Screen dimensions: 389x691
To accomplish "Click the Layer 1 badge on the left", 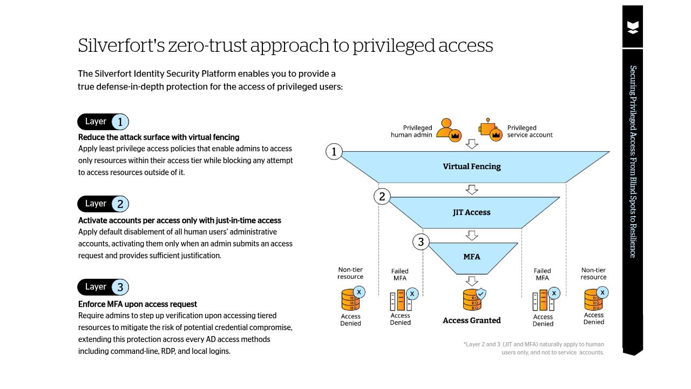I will [103, 122].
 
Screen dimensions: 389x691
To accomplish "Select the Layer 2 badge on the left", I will [103, 204].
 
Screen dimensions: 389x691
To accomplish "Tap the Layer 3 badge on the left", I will [103, 287].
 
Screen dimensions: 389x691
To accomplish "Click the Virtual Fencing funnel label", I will [471, 166].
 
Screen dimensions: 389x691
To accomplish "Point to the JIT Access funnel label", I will [471, 212].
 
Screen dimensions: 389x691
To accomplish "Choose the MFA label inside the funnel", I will [471, 257].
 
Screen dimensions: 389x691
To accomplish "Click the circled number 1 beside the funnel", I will [334, 152].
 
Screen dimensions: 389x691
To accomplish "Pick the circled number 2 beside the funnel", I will [382, 197].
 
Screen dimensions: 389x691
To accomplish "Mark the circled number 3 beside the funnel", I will [421, 242].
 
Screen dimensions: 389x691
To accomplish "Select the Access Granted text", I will [471, 320].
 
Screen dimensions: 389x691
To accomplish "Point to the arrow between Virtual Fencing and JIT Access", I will [472, 190].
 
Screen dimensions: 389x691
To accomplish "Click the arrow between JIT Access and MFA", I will [472, 235].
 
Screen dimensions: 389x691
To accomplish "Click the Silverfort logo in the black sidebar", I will [633, 28].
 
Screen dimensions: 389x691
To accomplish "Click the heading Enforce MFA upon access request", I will [138, 304].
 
